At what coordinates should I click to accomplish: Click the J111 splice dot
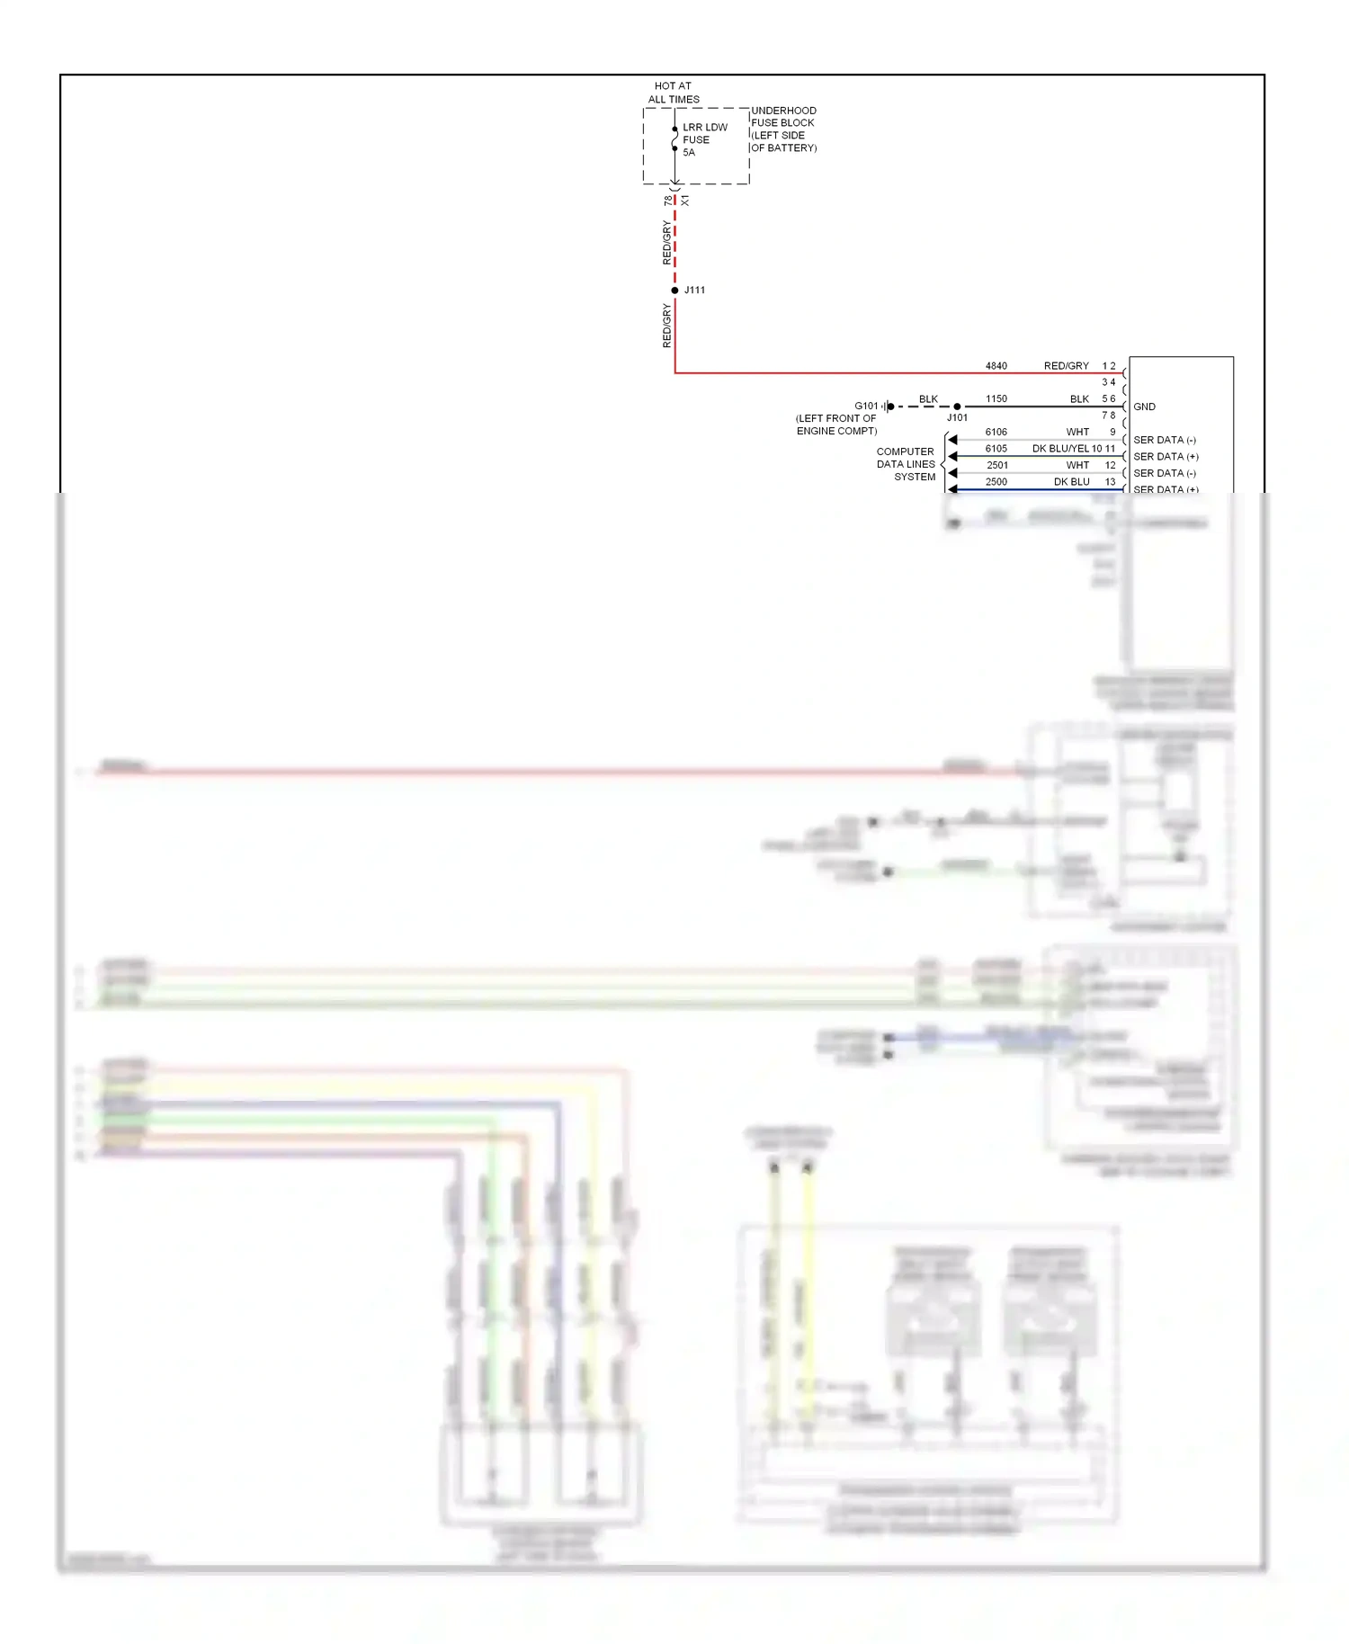[x=674, y=290]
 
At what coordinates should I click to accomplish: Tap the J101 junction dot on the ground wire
[x=957, y=407]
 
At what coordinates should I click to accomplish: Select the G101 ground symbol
[x=889, y=407]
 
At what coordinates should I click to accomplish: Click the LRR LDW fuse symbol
[x=674, y=139]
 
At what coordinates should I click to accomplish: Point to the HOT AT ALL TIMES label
[x=674, y=93]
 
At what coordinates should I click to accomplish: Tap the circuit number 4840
[x=996, y=366]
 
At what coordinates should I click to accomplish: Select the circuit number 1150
[x=996, y=398]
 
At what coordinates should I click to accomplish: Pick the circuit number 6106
[x=996, y=432]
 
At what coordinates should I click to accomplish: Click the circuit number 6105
[x=996, y=448]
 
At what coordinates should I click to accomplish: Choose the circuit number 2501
[x=996, y=465]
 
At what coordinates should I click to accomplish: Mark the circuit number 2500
[x=996, y=481]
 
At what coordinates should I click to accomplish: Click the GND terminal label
[x=1144, y=407]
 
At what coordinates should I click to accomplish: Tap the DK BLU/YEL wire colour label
[x=1060, y=448]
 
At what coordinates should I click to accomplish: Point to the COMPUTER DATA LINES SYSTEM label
[x=906, y=464]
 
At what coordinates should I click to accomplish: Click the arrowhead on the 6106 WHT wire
[x=952, y=440]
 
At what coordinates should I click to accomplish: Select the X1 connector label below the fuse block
[x=685, y=201]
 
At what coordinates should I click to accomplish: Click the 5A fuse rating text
[x=689, y=153]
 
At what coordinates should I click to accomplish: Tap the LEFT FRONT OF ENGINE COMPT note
[x=836, y=424]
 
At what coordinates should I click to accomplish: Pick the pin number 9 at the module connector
[x=1112, y=432]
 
